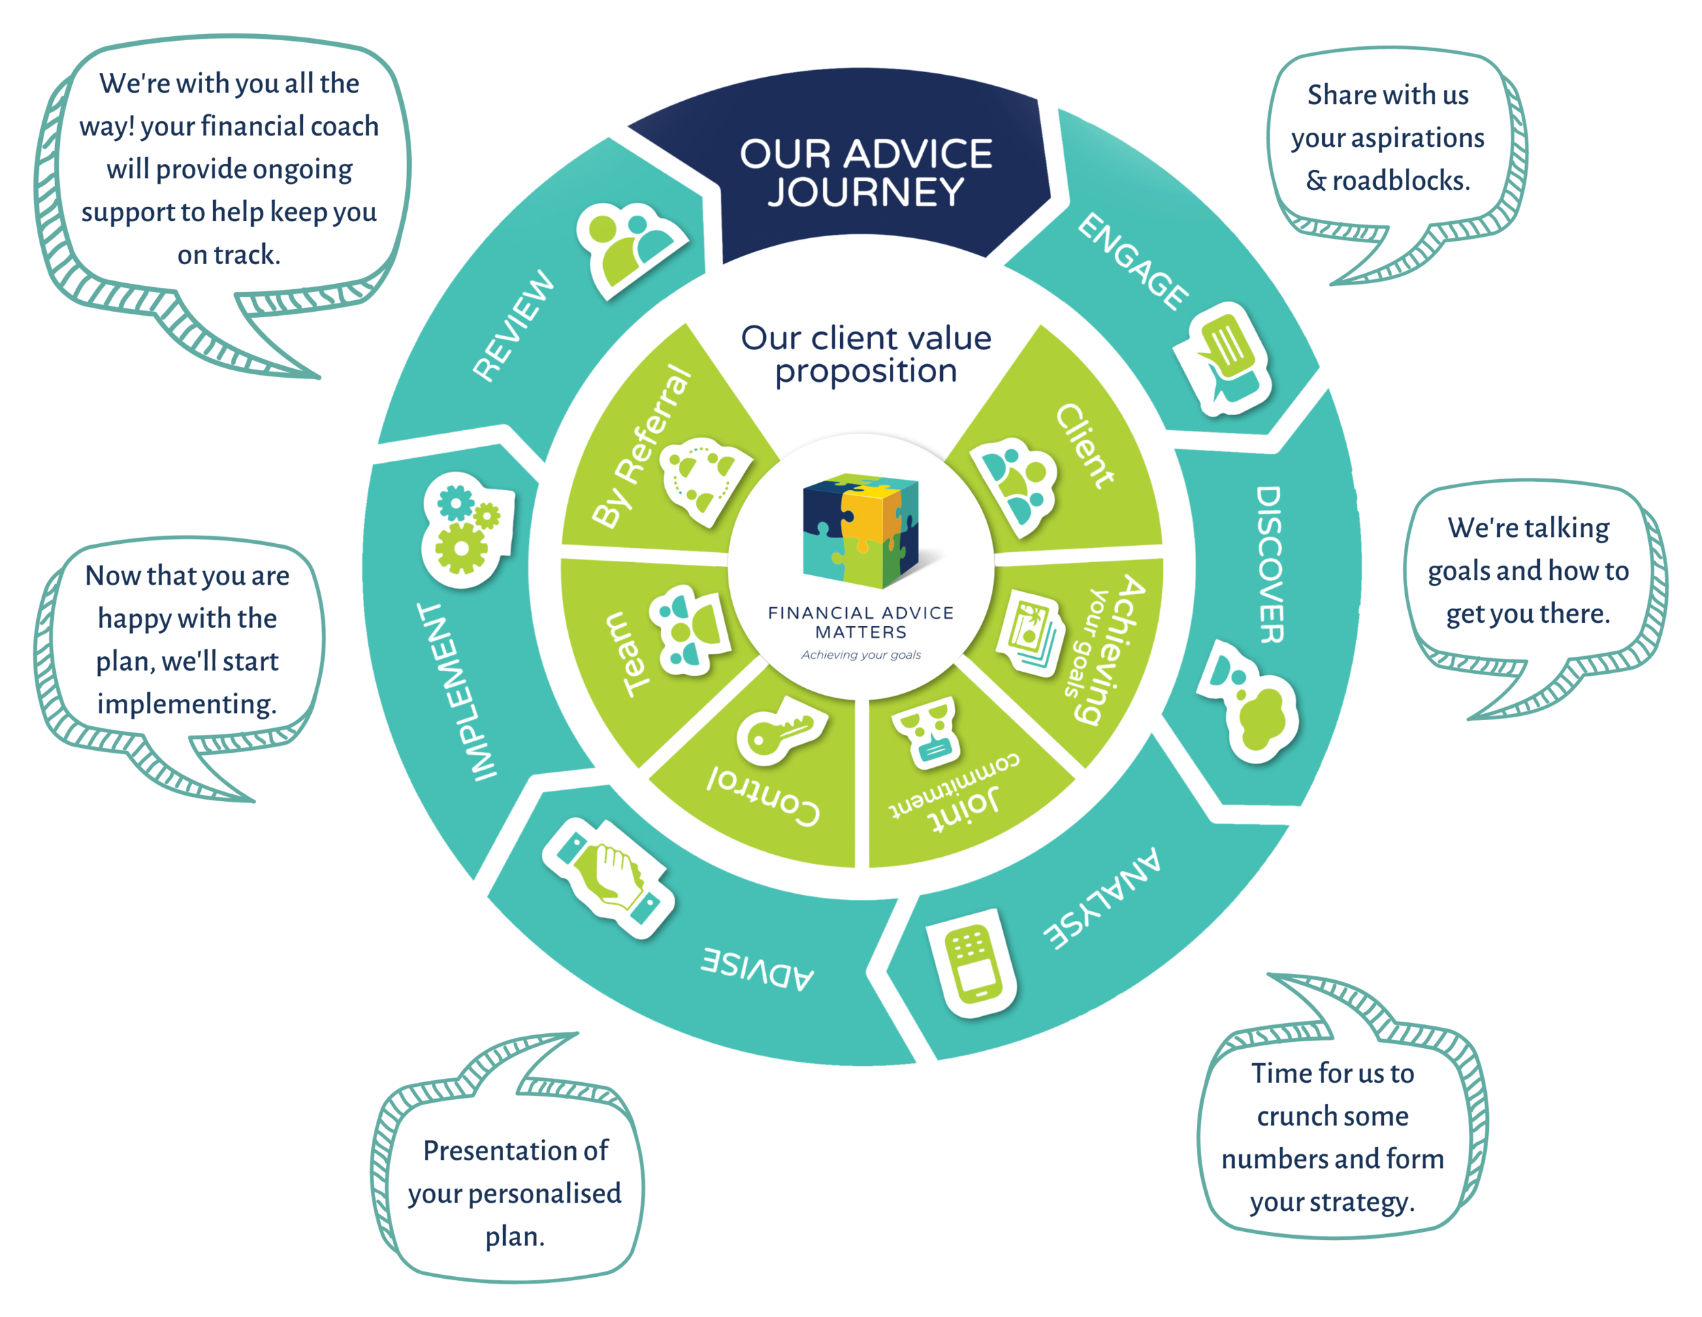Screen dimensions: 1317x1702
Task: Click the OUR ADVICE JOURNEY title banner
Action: point(865,173)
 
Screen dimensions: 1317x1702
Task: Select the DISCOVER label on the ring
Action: point(1271,564)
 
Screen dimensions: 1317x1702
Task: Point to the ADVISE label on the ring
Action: point(758,969)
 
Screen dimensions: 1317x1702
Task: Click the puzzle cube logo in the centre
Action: point(861,531)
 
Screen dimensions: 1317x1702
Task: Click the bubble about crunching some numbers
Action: point(1332,1137)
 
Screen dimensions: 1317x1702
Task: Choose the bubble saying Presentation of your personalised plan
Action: point(514,1192)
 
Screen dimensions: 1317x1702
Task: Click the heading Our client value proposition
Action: point(865,354)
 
